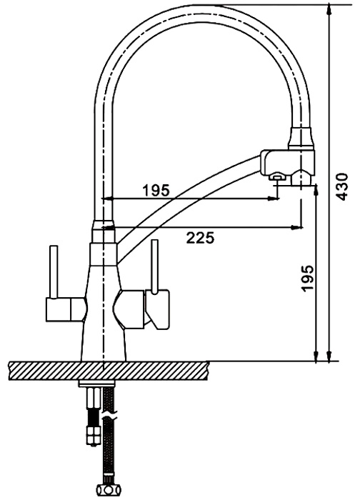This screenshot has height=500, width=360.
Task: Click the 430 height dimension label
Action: tap(342, 186)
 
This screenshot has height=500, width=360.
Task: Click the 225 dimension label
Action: tap(200, 238)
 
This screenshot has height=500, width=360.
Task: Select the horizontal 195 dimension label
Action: tap(156, 191)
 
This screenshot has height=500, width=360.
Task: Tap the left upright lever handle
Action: tap(54, 271)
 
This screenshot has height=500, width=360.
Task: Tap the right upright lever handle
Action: tap(155, 266)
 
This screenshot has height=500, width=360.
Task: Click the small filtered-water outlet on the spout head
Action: tap(276, 176)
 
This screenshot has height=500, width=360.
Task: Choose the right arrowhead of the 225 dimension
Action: tap(297, 227)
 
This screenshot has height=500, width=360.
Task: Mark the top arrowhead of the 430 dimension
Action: tap(328, 10)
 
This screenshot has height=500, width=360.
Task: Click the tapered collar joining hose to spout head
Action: tap(301, 138)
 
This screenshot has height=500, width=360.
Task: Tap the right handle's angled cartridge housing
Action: tap(158, 309)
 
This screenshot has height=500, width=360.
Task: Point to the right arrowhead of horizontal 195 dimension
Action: tap(273, 199)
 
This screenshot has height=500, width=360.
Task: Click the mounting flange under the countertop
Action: tap(96, 383)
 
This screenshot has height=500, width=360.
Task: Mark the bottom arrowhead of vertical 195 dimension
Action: tap(316, 356)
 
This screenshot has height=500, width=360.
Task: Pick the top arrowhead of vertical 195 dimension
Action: tap(316, 191)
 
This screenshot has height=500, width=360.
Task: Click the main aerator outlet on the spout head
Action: tap(301, 178)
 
